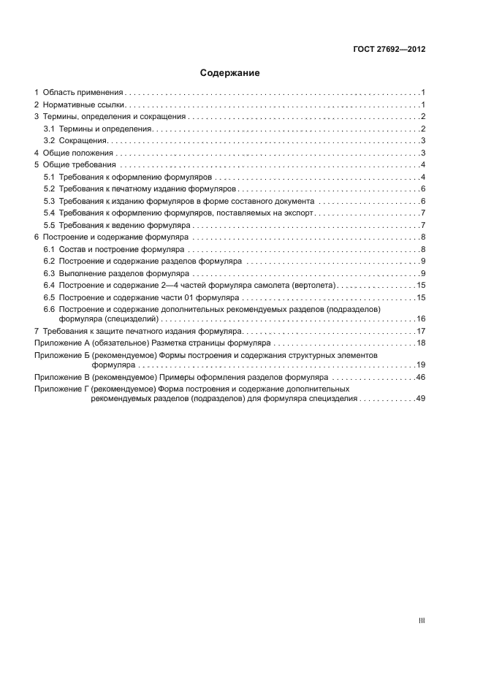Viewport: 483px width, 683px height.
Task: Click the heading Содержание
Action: click(x=230, y=73)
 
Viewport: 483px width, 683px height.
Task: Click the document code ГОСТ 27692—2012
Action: click(x=387, y=50)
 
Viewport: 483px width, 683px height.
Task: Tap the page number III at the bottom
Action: click(x=422, y=621)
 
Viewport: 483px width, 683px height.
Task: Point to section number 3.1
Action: click(x=49, y=129)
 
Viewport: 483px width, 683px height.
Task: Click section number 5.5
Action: click(x=49, y=225)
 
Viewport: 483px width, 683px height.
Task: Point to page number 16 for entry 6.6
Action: click(x=421, y=319)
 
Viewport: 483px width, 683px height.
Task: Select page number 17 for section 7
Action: click(x=421, y=331)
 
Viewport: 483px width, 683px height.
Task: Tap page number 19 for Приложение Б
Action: click(x=421, y=364)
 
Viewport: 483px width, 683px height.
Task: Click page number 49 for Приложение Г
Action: click(x=421, y=399)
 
